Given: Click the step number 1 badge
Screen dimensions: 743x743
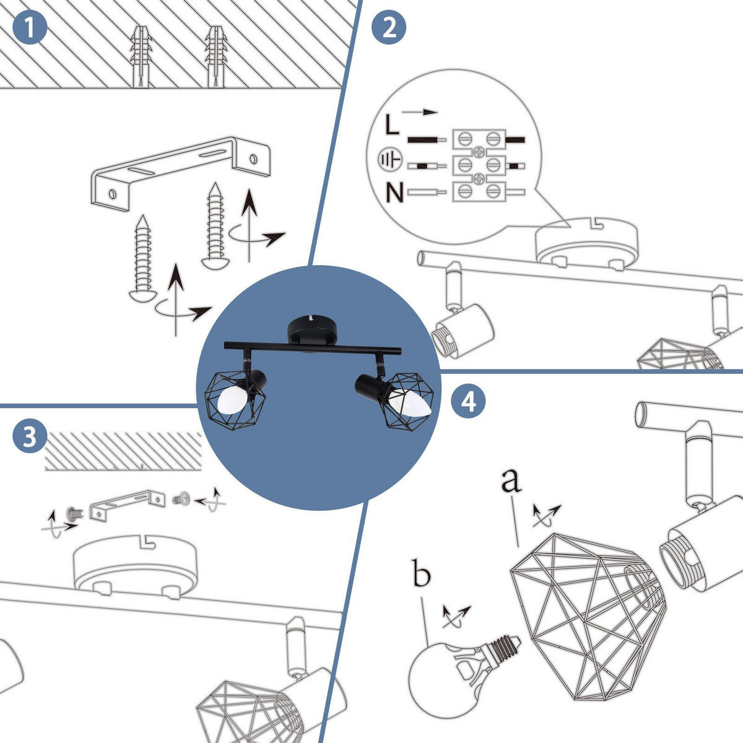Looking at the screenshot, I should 28,28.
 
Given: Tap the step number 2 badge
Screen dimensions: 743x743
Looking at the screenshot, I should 389,28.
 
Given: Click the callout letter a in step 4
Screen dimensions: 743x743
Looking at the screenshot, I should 511,480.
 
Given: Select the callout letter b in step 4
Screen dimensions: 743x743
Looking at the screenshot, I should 422,575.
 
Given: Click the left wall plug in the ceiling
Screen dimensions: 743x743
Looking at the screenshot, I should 141,57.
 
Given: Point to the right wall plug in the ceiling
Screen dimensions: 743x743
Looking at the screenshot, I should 215,57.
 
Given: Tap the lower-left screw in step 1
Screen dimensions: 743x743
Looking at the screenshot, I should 143,259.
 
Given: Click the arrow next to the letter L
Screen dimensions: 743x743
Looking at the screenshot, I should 420,113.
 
